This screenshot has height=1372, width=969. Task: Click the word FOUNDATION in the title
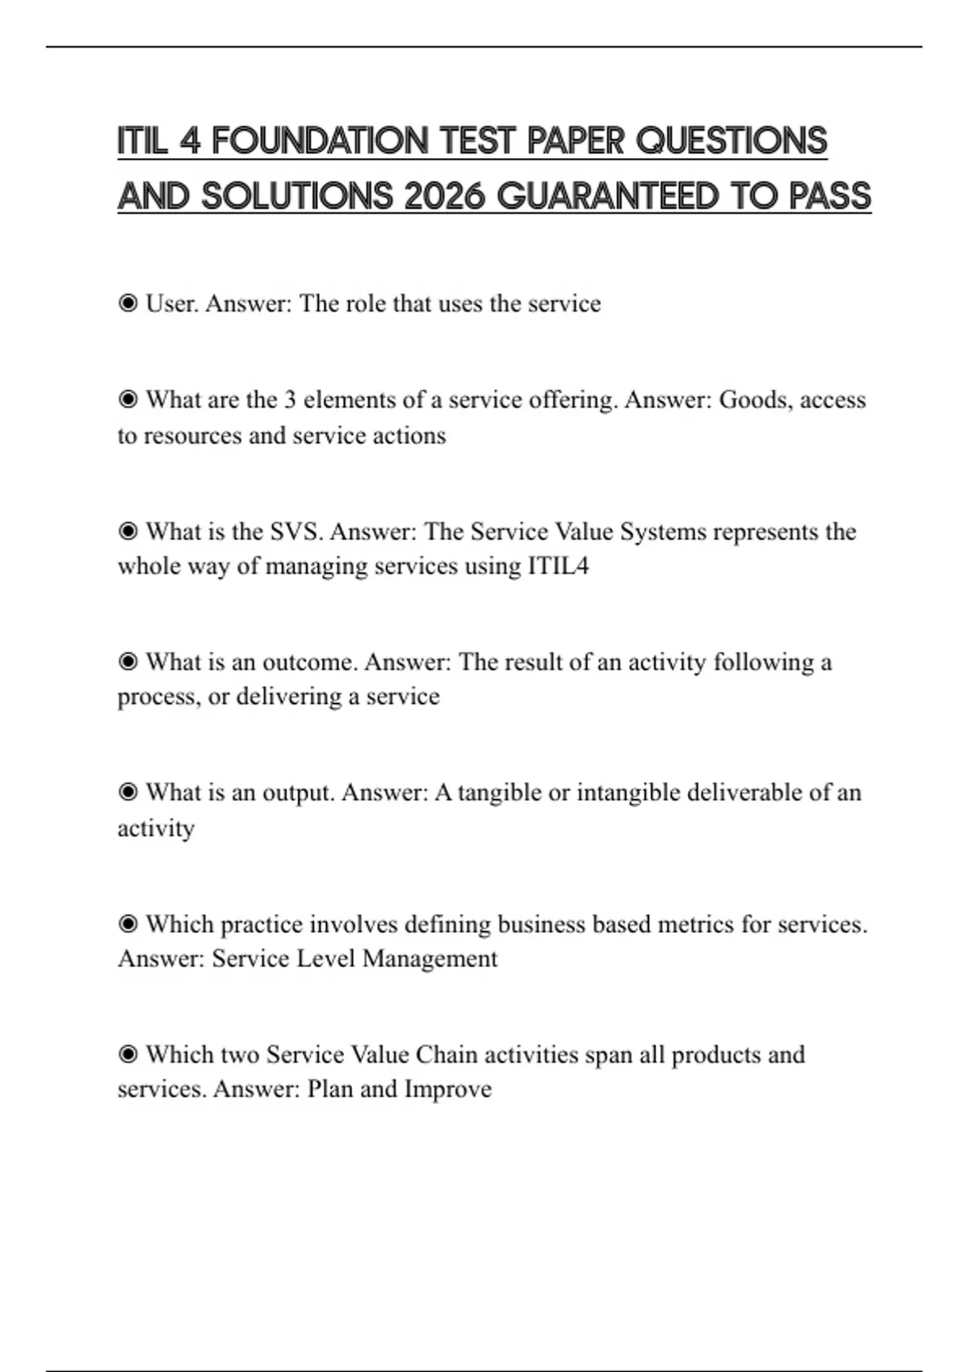(320, 140)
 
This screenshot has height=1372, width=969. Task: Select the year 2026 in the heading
(443, 196)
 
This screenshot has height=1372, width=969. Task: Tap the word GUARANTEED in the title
(607, 196)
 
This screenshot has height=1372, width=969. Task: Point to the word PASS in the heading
(830, 196)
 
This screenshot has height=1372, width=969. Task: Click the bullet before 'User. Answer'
(128, 303)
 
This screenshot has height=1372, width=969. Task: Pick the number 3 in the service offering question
(290, 399)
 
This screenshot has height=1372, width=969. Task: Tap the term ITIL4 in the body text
(558, 566)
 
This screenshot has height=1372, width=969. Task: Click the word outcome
(309, 662)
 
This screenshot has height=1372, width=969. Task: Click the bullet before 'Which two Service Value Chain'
(128, 1055)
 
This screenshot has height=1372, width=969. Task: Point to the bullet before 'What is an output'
(128, 793)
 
